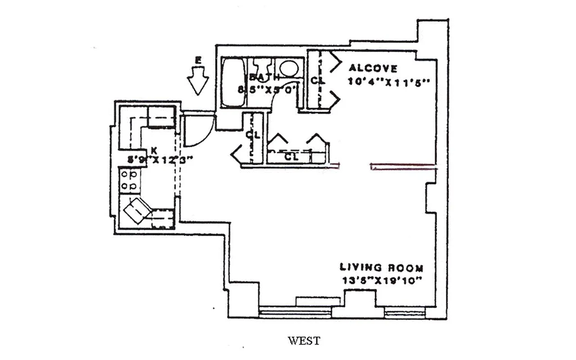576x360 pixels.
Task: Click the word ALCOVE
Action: click(373, 68)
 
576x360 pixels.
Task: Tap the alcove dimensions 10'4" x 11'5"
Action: click(390, 82)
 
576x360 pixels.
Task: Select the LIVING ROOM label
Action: click(381, 268)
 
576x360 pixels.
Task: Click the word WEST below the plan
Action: click(304, 341)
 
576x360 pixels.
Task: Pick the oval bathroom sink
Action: click(288, 69)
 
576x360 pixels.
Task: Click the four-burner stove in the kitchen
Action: click(129, 180)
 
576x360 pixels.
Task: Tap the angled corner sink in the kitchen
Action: click(138, 211)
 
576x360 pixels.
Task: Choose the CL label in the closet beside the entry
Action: click(251, 134)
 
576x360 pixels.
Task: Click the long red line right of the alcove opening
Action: click(403, 166)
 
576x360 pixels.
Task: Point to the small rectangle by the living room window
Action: click(318, 301)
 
